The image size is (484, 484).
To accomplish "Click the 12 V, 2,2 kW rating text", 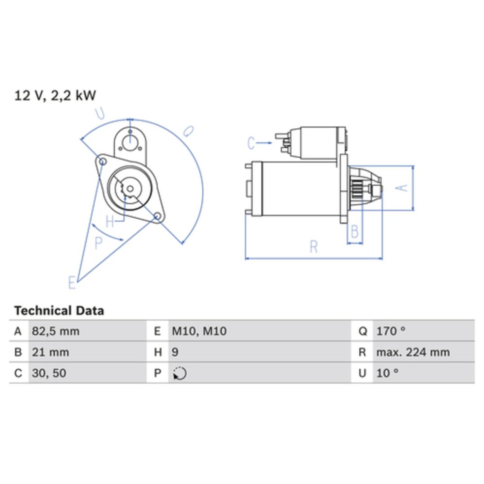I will pyautogui.click(x=55, y=95).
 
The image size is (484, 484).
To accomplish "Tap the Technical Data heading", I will pyautogui.click(x=59, y=310).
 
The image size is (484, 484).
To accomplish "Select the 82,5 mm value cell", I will pyautogui.click(x=56, y=332).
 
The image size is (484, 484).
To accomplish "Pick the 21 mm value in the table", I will pyautogui.click(x=50, y=352).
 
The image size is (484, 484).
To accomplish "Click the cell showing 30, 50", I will pyautogui.click(x=48, y=373).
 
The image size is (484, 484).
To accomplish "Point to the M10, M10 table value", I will pyautogui.click(x=199, y=332).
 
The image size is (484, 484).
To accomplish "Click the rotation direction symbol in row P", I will pyautogui.click(x=180, y=374).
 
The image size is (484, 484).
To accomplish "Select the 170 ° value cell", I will pyautogui.click(x=391, y=332).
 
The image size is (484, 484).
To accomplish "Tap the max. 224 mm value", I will pyautogui.click(x=412, y=352).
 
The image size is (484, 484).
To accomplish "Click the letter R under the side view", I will pyautogui.click(x=314, y=247).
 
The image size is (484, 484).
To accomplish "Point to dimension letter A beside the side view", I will pyautogui.click(x=402, y=188).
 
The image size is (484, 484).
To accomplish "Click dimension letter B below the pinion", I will pyautogui.click(x=355, y=232).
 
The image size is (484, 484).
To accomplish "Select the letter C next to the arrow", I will pyautogui.click(x=251, y=143).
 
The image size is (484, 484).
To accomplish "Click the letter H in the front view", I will pyautogui.click(x=110, y=222).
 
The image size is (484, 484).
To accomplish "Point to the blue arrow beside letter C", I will pyautogui.click(x=265, y=143).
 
